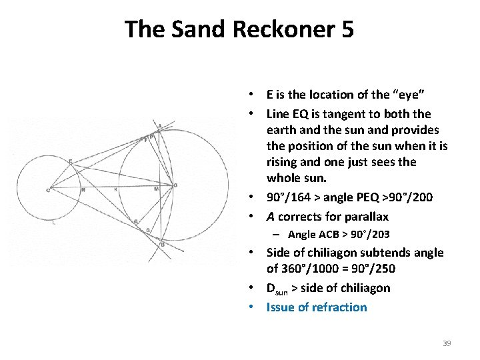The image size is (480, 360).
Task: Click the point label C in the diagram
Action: tap(48, 190)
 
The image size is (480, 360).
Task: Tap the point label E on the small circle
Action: tap(70, 161)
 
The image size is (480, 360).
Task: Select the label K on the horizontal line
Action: tap(116, 190)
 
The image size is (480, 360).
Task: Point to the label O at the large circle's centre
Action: tap(175, 185)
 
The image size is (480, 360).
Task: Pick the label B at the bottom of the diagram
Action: tap(162, 245)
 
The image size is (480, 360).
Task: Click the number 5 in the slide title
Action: tap(346, 29)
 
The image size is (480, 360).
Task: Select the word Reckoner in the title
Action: tap(282, 29)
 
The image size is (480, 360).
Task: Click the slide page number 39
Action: tap(447, 343)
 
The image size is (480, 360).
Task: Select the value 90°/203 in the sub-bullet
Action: tap(366, 234)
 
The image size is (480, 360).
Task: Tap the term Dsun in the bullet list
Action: tap(279, 288)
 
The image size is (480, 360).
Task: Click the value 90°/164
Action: tap(291, 198)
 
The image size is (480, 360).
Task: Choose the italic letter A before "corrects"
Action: tap(271, 216)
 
